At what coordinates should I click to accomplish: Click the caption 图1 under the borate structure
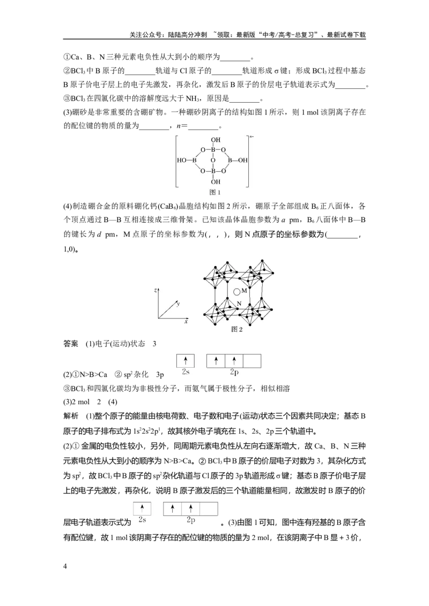pos(214,192)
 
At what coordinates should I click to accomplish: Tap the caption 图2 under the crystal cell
pos(236,329)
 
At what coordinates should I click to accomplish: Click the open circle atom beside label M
pos(237,292)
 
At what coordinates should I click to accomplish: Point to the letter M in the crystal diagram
pos(244,291)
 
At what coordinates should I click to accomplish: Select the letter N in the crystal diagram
pos(239,304)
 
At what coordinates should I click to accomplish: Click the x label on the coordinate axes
pos(186,322)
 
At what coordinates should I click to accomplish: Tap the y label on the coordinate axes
pos(178,304)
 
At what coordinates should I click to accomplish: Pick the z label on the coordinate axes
pos(156,290)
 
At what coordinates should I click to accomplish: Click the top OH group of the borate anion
pos(215,140)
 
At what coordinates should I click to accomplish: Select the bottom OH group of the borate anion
pos(215,181)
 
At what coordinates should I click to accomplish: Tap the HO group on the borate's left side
pos(182,160)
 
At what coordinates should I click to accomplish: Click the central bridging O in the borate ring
pos(212,160)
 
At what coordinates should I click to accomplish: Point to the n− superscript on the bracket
pos(252,137)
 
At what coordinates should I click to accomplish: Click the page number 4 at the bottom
pos(65,566)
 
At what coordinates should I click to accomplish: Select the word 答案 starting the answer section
pos(70,344)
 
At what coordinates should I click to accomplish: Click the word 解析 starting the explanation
pos(70,416)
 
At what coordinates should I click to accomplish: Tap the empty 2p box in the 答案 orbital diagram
pos(252,361)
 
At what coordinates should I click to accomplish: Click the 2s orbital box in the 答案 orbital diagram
pos(186,361)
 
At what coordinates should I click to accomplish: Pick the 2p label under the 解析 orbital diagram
pos(190,520)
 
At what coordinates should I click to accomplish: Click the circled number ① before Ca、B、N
pos(66,57)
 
